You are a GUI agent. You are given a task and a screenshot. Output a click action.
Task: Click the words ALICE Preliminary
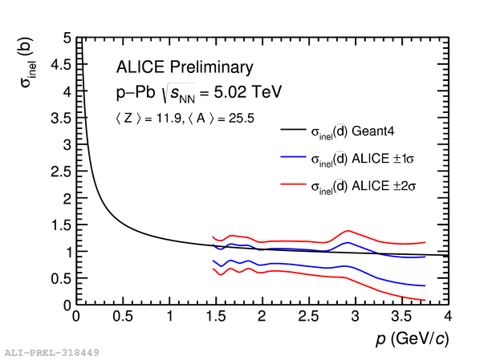click(185, 67)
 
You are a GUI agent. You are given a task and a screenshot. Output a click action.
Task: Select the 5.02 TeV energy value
click(247, 92)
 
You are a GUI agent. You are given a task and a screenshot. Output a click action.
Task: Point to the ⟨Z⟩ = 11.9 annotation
click(148, 119)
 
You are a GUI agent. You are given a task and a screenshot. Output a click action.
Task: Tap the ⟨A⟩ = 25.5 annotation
click(222, 119)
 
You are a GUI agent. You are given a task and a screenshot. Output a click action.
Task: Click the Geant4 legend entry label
click(352, 131)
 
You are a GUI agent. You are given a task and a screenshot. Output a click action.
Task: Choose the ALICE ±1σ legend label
click(363, 159)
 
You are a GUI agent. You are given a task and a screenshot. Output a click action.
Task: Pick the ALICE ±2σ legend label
click(364, 186)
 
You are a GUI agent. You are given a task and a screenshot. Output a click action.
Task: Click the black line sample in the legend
click(293, 129)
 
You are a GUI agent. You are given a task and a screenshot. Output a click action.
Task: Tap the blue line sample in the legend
click(293, 156)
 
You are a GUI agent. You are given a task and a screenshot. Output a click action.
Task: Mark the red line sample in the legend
click(293, 184)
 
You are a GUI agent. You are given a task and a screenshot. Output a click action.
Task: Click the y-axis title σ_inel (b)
click(27, 62)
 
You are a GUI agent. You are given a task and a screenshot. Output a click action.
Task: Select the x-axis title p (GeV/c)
click(413, 338)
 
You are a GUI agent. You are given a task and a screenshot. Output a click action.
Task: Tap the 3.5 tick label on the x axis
click(401, 317)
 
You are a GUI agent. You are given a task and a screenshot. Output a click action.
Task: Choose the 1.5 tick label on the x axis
click(216, 317)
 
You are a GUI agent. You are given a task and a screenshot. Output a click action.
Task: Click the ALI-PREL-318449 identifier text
click(51, 353)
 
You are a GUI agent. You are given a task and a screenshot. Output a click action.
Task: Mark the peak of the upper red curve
click(348, 231)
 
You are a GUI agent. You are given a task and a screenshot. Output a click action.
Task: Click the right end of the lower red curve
click(425, 300)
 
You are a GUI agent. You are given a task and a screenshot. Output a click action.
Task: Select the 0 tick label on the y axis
click(67, 305)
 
